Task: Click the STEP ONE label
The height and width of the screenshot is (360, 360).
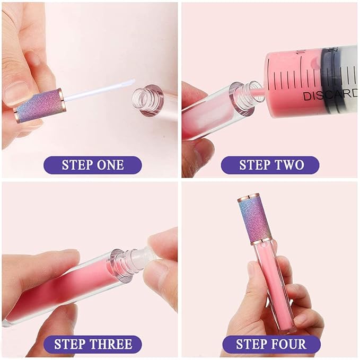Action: click(93, 164)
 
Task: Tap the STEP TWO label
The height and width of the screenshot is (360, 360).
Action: click(270, 164)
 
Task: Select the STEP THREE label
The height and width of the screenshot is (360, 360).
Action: click(93, 345)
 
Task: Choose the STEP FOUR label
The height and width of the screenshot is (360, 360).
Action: click(271, 345)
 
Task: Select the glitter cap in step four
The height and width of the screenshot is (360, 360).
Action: click(256, 217)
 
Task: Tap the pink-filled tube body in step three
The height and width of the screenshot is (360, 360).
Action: click(58, 289)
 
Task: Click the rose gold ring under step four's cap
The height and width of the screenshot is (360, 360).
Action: click(257, 240)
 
